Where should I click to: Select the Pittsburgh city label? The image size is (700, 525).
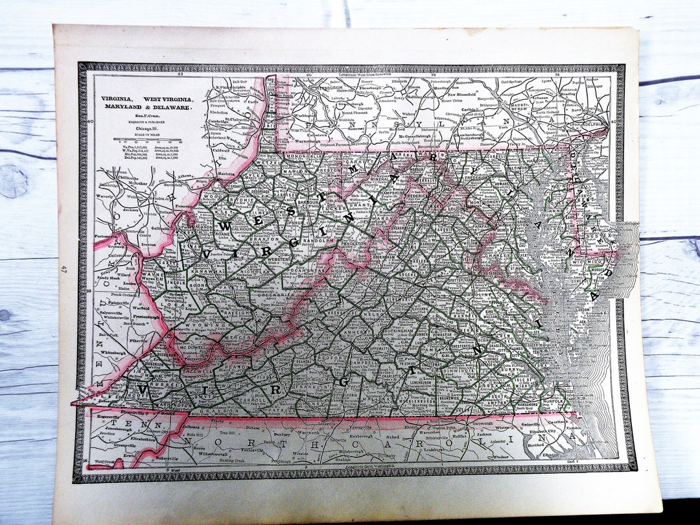click(x=331, y=86)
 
